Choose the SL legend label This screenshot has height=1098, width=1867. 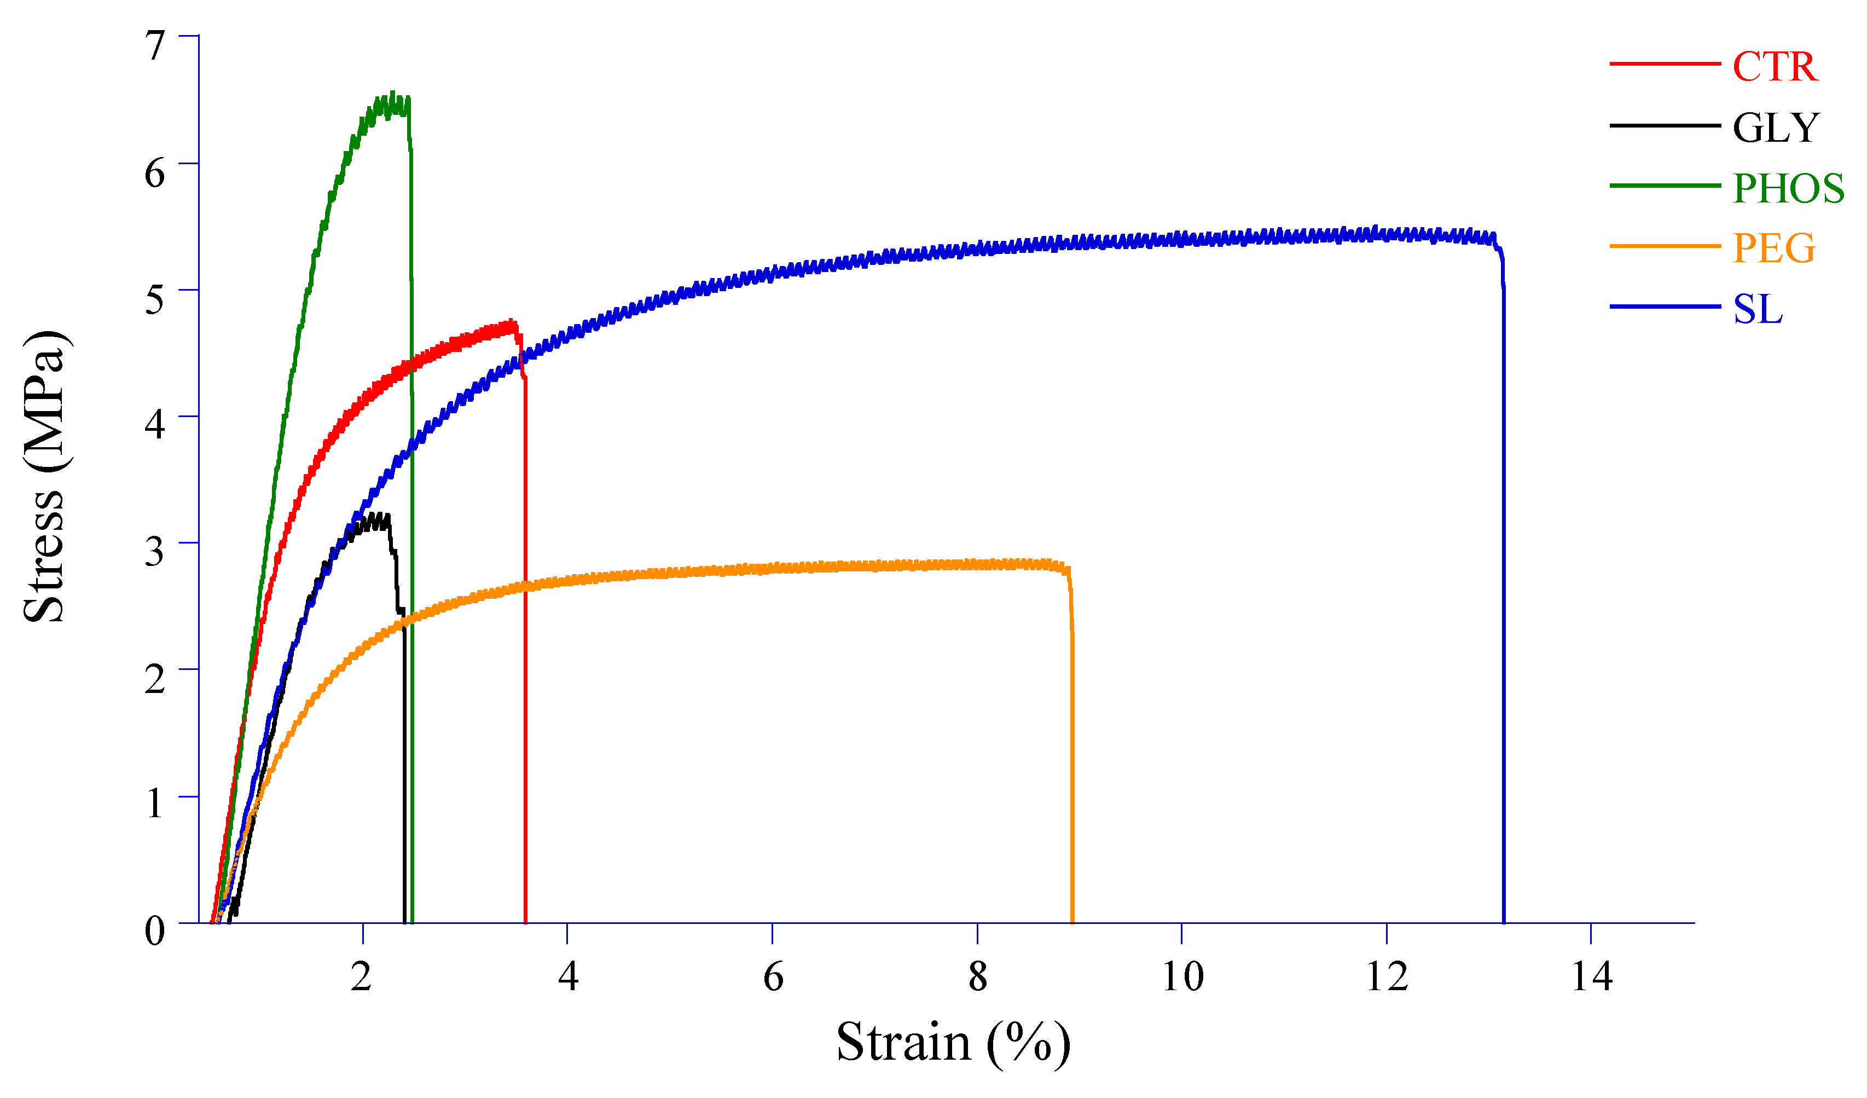click(x=1758, y=310)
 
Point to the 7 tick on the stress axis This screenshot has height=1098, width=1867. click(x=155, y=46)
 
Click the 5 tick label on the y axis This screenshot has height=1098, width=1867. click(x=155, y=300)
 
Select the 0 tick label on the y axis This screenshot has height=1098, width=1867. click(x=155, y=931)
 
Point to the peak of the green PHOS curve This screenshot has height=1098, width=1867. click(x=393, y=95)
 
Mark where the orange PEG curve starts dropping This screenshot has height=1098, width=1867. click(x=1068, y=568)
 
